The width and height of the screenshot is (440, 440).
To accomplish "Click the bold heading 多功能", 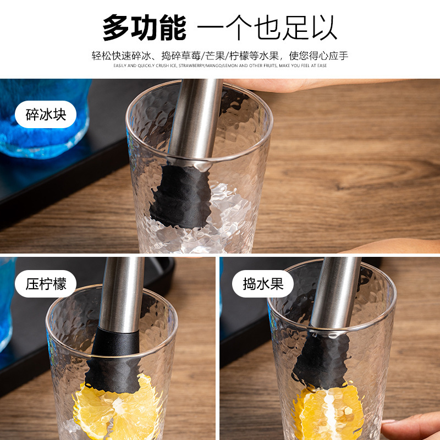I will (x=144, y=28).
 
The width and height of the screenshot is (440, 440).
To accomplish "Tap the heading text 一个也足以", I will (x=267, y=28).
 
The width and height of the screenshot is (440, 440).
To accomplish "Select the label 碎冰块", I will (x=46, y=115).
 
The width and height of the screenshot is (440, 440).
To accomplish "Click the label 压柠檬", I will (x=46, y=284).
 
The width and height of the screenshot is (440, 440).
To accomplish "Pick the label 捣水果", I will (x=264, y=284).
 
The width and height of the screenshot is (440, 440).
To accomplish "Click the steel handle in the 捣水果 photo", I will (x=333, y=291).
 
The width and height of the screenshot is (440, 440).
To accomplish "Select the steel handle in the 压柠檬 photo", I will (x=121, y=291).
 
